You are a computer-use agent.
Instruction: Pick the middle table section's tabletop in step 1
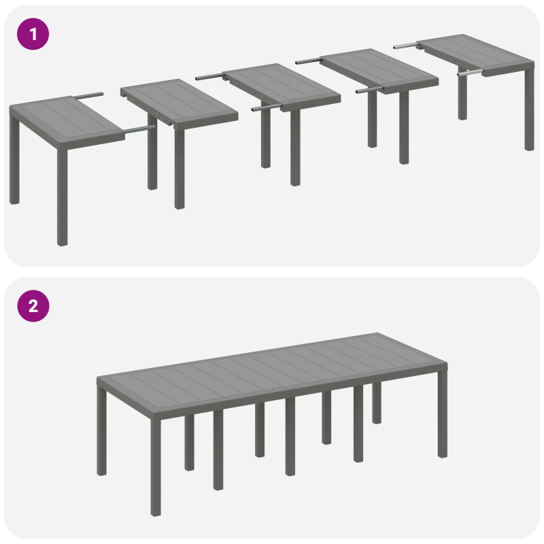(x=282, y=84)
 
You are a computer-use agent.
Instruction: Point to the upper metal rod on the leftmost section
(x=89, y=96)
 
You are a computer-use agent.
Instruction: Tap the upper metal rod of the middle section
(x=209, y=77)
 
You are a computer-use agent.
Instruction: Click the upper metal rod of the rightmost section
(x=405, y=46)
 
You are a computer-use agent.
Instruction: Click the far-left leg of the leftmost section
(x=14, y=163)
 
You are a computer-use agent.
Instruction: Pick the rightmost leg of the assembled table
(x=443, y=415)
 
